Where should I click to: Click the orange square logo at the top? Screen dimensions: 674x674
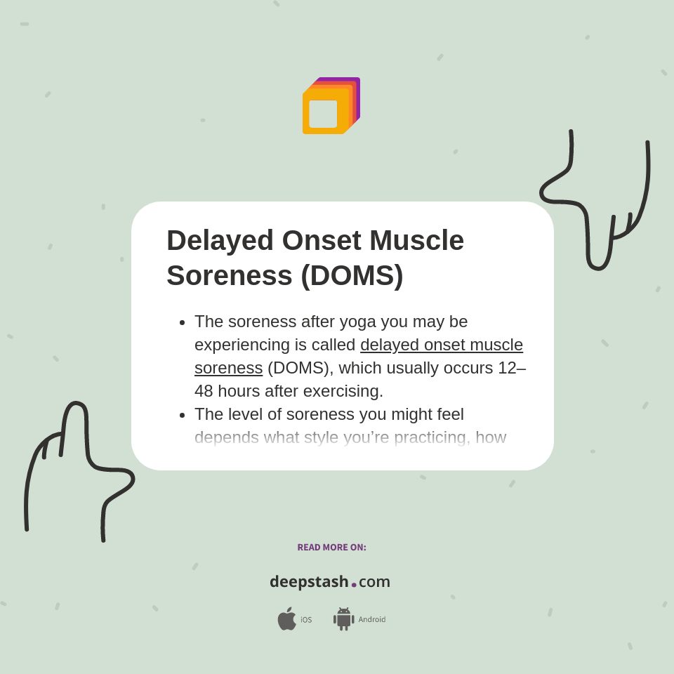[330, 107]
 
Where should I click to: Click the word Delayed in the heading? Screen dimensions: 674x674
[220, 240]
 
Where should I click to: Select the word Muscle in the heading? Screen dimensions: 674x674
[416, 240]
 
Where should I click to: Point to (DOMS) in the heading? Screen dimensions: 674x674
[352, 275]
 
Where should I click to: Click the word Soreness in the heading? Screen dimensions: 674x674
[229, 275]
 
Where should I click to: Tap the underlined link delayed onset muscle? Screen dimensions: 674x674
[442, 345]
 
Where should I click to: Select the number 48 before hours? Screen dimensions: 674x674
[204, 391]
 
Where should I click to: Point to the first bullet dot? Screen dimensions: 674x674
[183, 322]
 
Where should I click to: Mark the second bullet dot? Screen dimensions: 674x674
[183, 415]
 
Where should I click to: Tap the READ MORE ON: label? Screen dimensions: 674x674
[331, 548]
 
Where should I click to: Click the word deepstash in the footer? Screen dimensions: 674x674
[309, 582]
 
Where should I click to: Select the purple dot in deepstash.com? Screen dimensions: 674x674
[354, 585]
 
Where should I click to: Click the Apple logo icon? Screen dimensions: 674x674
[286, 619]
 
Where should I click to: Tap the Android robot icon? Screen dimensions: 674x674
[343, 619]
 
